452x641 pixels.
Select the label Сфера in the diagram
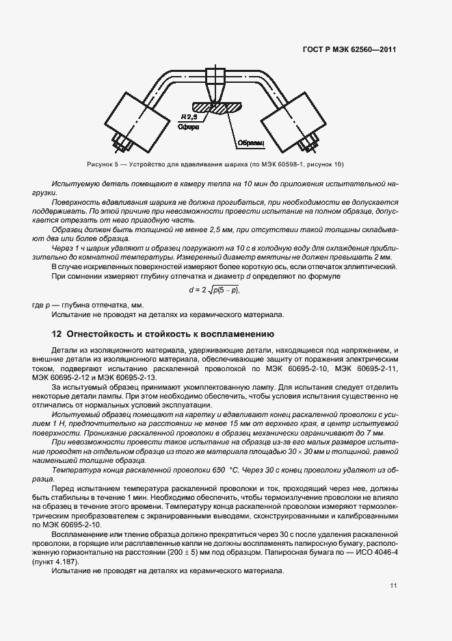point(188,127)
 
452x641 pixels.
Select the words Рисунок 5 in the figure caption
point(103,164)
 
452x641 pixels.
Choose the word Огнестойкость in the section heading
point(100,334)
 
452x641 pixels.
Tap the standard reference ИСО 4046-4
point(377,552)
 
